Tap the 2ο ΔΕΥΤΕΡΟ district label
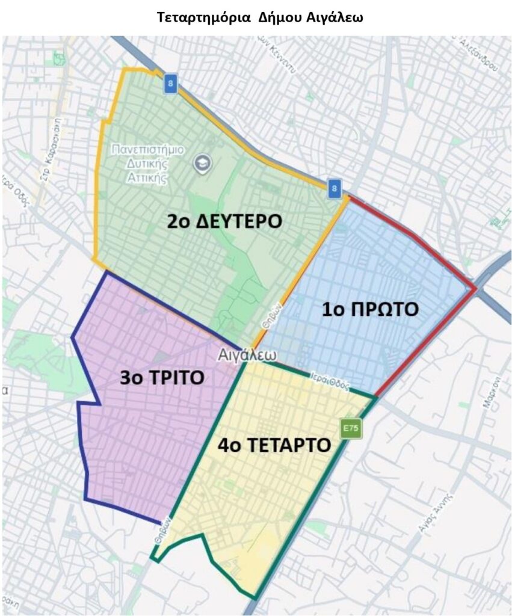[x=224, y=221]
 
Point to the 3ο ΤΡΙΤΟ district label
[x=162, y=377]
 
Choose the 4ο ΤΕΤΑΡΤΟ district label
[x=274, y=445]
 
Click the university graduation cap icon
[x=199, y=162]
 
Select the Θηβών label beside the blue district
[x=271, y=314]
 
